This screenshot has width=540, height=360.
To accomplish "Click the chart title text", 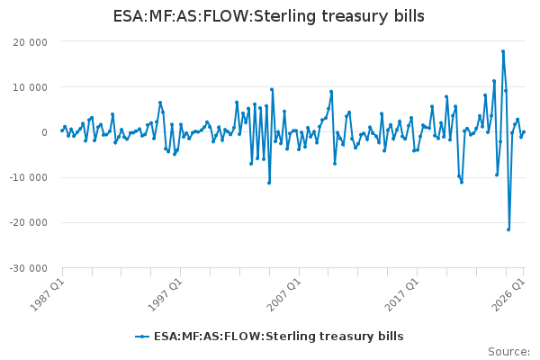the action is click(x=268, y=16).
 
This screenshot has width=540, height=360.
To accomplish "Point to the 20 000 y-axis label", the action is click(x=31, y=42).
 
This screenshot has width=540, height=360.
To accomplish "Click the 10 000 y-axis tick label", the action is click(x=31, y=87).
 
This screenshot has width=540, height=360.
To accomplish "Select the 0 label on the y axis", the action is click(x=44, y=132).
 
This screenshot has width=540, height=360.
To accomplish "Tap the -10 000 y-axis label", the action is click(x=29, y=177).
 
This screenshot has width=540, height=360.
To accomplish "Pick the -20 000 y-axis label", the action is click(x=29, y=222).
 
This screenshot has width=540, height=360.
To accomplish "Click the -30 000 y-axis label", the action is click(x=29, y=268).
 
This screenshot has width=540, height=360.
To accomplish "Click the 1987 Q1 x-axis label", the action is click(x=47, y=295).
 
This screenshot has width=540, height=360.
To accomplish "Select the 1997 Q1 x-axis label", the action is click(x=165, y=295).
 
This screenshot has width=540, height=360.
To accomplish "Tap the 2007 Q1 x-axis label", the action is click(x=284, y=295).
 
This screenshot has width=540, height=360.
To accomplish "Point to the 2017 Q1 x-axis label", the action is click(x=402, y=295).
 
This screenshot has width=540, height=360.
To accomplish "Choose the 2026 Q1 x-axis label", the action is click(x=508, y=295).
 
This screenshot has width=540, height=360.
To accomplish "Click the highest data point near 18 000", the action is click(x=503, y=51).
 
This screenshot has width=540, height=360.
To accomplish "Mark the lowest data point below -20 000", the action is click(x=508, y=229).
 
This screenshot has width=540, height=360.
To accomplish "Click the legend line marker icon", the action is click(x=142, y=337).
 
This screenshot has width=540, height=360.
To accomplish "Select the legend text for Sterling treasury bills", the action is click(x=279, y=337).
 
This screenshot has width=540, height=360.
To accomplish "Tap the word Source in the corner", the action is click(x=508, y=352).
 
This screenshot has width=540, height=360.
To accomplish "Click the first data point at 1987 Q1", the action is click(x=62, y=130).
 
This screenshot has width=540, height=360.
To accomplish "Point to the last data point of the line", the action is click(x=524, y=131).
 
